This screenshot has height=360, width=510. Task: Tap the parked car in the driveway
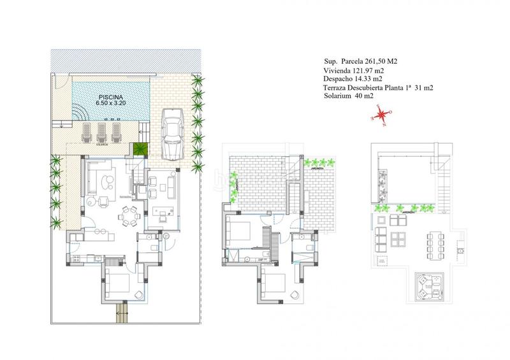point(173,134)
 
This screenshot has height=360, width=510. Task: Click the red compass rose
point(381,115)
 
